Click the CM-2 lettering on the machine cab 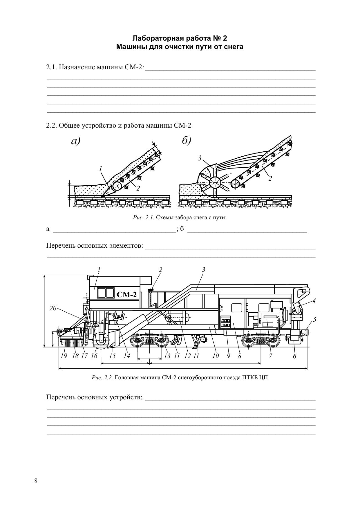point(126,295)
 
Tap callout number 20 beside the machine point(53,308)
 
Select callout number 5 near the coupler point(314,320)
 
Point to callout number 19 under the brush point(64,356)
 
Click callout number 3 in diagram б point(200,158)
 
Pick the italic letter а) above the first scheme point(75,141)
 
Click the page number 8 point(36,481)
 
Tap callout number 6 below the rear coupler point(294,356)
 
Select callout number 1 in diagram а point(100,169)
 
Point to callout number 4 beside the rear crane point(314,301)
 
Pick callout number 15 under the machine point(112,356)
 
